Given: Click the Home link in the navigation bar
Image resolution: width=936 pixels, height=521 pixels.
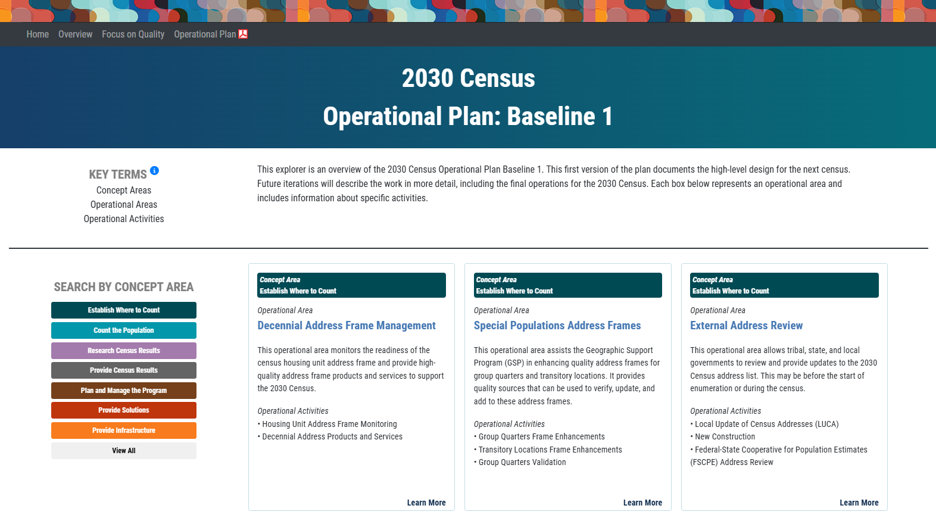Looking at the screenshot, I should tap(38, 35).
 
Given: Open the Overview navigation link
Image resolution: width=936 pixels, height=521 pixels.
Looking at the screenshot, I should tap(75, 35).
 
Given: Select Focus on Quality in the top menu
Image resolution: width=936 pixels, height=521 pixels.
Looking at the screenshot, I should tap(133, 35).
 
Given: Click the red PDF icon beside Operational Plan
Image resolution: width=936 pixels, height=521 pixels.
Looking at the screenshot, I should tap(243, 34).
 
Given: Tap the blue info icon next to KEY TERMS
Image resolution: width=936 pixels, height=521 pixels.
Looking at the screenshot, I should tap(154, 171).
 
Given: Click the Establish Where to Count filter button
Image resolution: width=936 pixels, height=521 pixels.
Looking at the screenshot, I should tap(124, 310).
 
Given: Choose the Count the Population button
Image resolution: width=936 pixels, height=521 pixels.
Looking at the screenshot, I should tap(124, 330).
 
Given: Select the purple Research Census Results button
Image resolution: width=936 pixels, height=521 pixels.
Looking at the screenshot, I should tap(124, 351).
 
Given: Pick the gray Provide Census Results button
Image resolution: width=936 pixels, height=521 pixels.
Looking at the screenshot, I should tap(124, 370).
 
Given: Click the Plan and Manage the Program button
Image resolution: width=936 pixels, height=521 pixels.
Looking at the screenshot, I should tap(124, 391).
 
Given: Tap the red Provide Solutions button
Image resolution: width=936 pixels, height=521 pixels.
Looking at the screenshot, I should tap(124, 410).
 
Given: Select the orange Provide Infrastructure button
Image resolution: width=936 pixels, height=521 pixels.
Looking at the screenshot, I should tap(124, 430).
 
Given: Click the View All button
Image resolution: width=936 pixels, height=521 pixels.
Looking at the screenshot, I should tap(124, 451).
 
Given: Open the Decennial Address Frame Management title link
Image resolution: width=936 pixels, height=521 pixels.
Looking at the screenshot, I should tap(347, 326).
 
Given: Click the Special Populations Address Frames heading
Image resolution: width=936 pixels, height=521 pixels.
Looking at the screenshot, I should tap(557, 326).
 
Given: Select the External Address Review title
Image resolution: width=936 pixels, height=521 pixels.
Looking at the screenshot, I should tap(746, 326).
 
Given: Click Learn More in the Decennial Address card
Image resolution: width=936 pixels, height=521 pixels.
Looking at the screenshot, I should tap(426, 503).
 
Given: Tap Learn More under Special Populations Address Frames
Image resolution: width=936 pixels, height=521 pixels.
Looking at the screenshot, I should tap(642, 503).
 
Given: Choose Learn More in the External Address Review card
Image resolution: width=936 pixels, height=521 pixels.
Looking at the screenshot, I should tap(859, 503).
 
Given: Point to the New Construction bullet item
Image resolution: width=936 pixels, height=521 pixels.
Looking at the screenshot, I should tap(725, 436).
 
